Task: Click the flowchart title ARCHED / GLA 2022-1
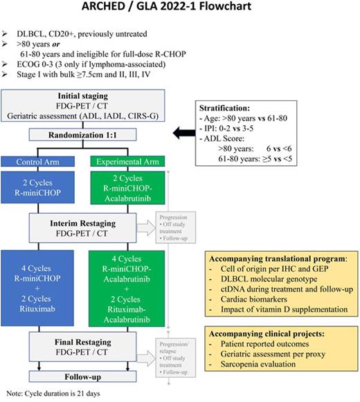pos(180,10)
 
